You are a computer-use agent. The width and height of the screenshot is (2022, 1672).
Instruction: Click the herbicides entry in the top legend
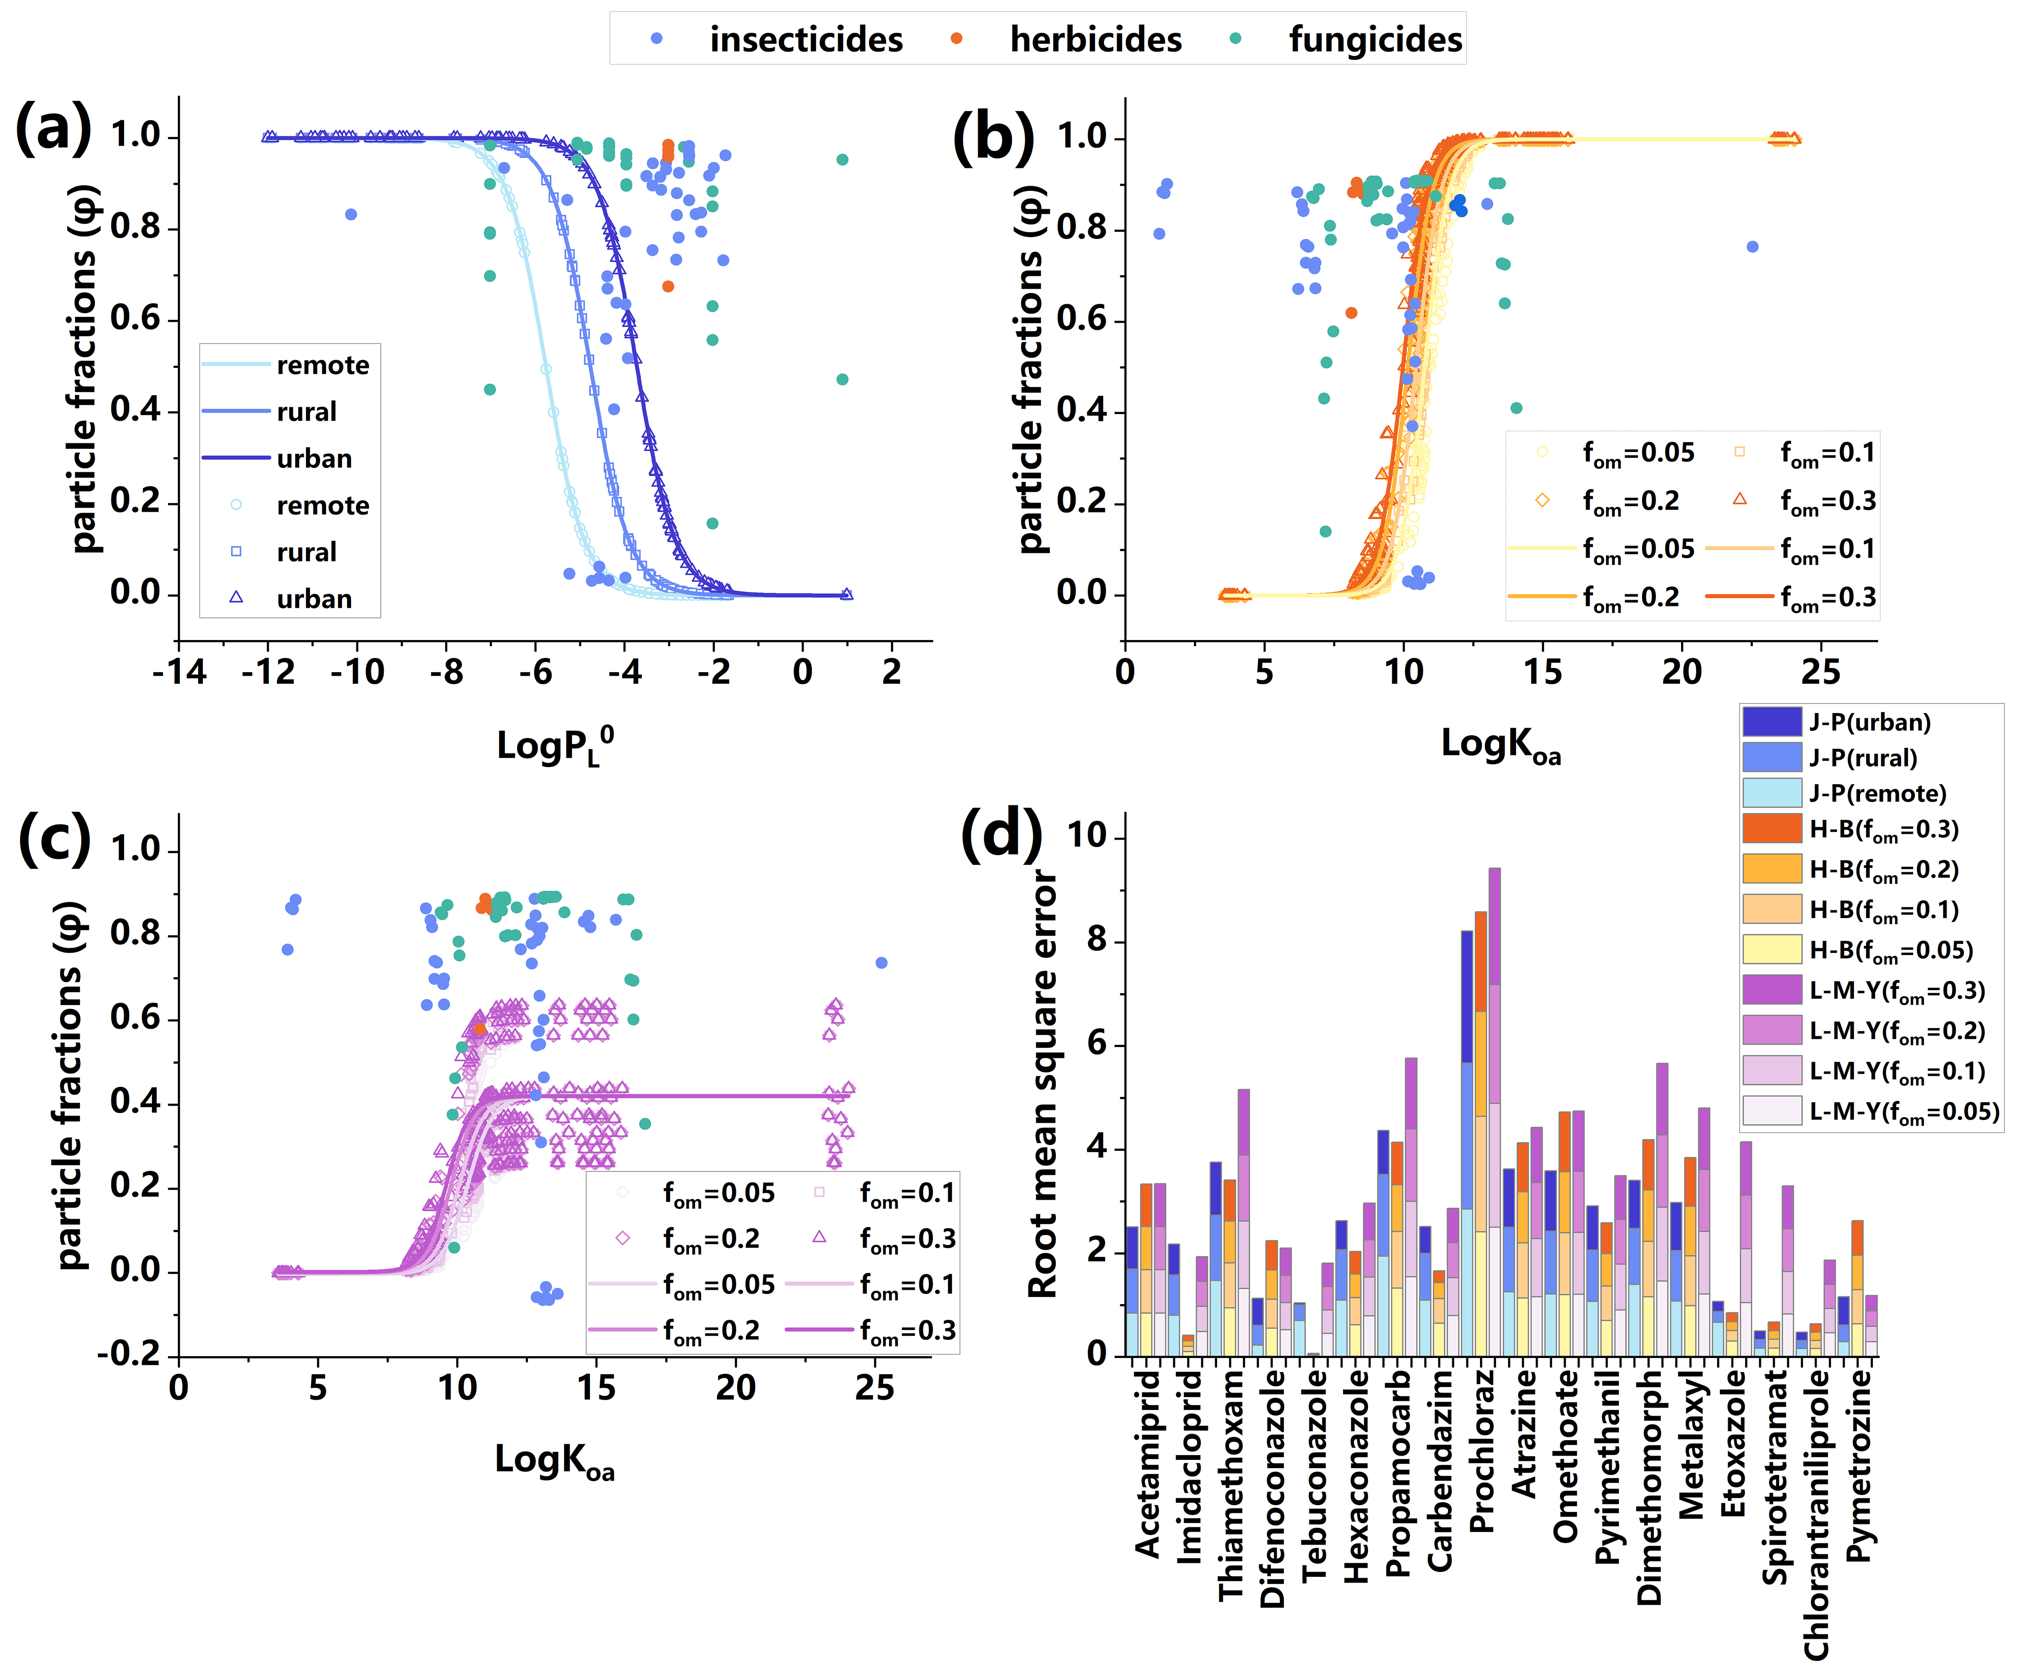point(1095,39)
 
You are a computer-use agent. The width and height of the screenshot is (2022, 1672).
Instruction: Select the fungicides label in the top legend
point(1375,39)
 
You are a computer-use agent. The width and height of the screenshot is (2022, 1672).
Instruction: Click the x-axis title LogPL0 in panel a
point(554,745)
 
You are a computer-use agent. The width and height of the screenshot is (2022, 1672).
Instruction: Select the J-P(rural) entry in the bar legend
point(1862,758)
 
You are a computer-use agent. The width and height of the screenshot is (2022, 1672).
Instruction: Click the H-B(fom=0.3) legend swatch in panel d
point(1771,828)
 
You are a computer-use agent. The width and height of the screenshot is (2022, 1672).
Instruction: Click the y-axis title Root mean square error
point(1043,1083)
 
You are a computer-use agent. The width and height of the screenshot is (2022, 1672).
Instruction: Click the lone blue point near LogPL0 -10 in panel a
point(352,214)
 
